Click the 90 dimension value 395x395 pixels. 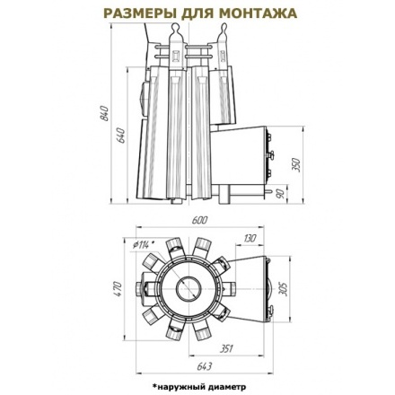click(x=280, y=193)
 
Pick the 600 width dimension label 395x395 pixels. click(x=199, y=220)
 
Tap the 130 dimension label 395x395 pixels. click(x=249, y=239)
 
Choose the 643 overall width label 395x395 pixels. click(x=204, y=365)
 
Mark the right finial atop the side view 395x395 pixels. click(x=221, y=37)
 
